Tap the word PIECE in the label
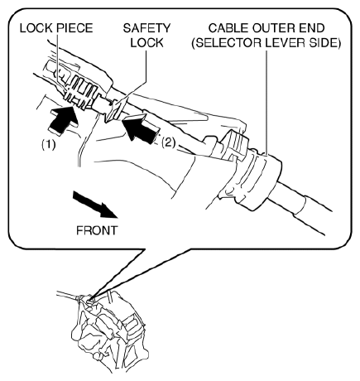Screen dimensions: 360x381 point(75,28)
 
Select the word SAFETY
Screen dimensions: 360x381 point(146,28)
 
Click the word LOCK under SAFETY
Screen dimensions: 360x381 point(146,43)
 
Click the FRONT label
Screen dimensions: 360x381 point(97,230)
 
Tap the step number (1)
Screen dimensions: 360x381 point(49,144)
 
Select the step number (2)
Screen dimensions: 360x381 point(168,142)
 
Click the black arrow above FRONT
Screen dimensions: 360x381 point(95,205)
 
